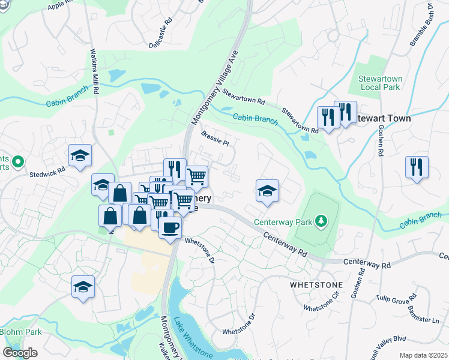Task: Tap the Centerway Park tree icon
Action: tap(321, 221)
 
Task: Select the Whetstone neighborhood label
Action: tap(316, 284)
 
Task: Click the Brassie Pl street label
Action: tap(215, 139)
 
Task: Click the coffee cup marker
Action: tap(170, 227)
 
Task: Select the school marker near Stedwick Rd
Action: tap(80, 156)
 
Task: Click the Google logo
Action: tap(20, 352)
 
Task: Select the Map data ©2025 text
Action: tap(424, 355)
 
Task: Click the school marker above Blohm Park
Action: tap(83, 286)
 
